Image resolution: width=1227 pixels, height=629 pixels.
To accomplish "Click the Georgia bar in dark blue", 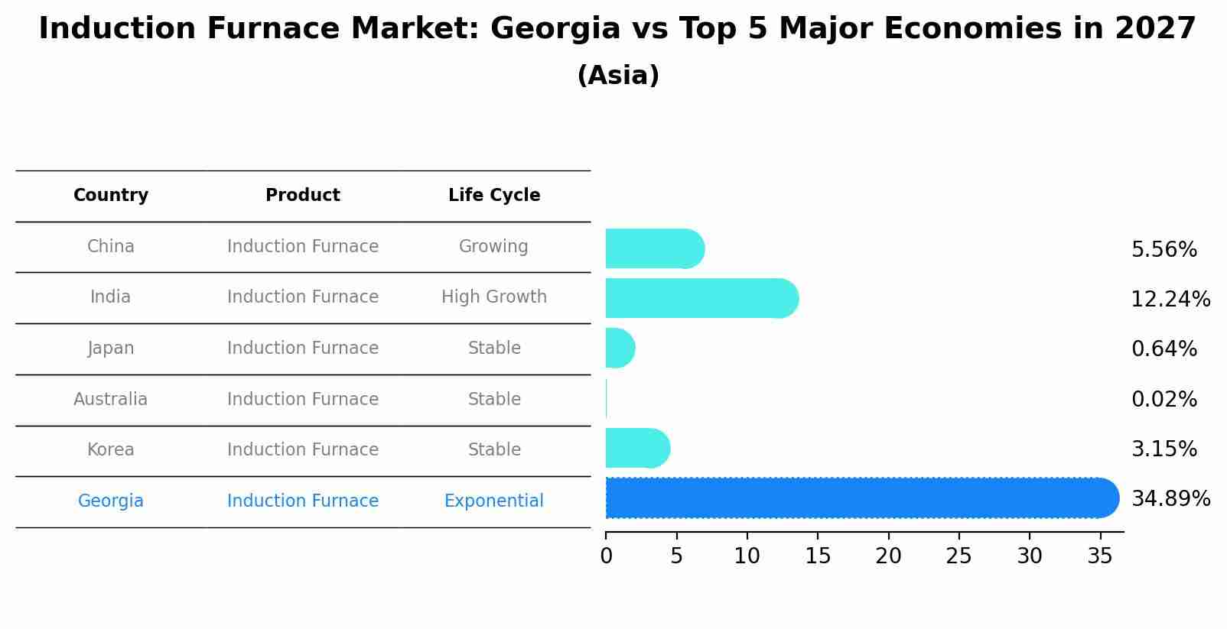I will (x=857, y=498).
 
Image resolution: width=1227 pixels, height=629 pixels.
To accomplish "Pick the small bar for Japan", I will (x=619, y=349).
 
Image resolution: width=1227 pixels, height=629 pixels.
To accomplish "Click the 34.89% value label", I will (x=1170, y=499).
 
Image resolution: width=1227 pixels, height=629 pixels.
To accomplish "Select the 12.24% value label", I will (x=1170, y=300).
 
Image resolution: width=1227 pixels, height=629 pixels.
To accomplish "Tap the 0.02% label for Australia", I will (x=1164, y=400).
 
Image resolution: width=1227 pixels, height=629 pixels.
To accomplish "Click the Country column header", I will (x=111, y=196).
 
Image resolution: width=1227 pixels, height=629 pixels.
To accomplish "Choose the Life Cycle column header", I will (x=494, y=196).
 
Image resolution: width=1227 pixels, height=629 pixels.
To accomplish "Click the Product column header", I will (x=303, y=196).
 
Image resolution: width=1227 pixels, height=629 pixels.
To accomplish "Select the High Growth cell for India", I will (x=494, y=297).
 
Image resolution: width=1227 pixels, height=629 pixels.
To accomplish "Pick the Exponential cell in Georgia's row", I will (x=494, y=501).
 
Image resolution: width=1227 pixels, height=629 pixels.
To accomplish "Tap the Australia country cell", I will (x=111, y=400).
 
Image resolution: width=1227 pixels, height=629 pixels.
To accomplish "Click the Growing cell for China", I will (x=493, y=247).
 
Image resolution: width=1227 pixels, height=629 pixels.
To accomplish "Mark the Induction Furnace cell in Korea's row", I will (x=303, y=450).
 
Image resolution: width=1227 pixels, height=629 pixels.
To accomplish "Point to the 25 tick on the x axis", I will (x=958, y=556).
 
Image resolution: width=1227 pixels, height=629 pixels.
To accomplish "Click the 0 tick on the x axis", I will (x=607, y=556).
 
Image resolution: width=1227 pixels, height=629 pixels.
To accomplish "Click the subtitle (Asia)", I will (x=618, y=76).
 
